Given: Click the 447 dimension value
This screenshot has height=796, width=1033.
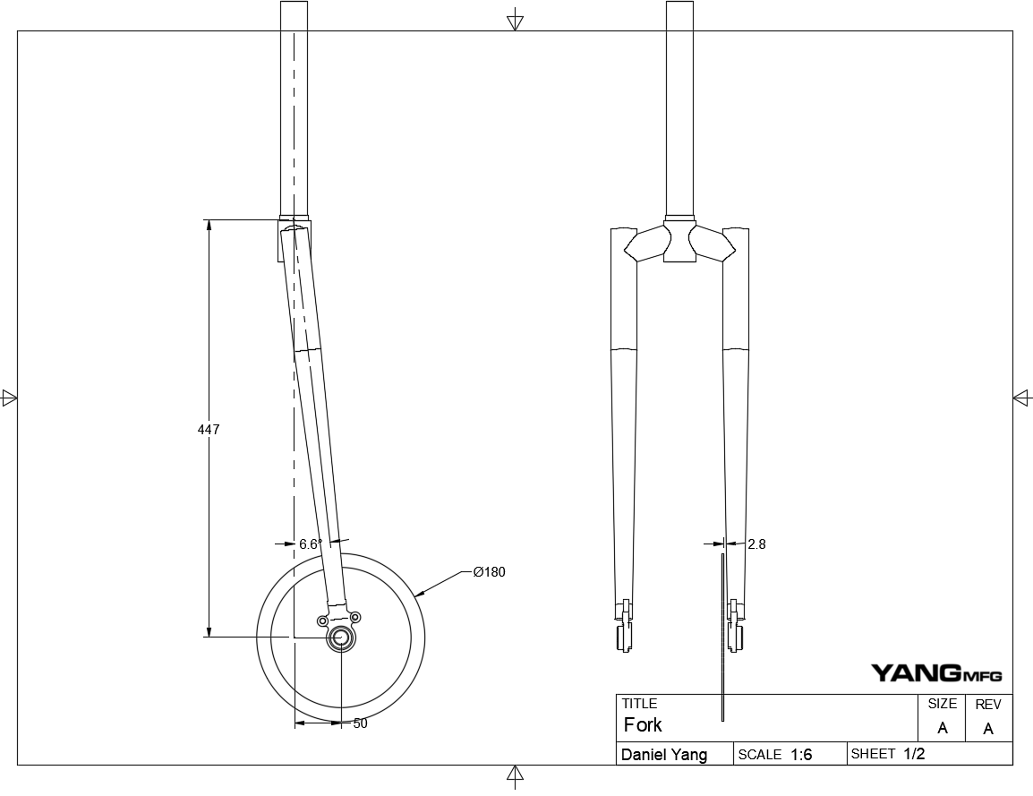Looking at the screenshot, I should pyautogui.click(x=209, y=430).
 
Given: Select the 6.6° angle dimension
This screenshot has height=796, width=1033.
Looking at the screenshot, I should pyautogui.click(x=311, y=544).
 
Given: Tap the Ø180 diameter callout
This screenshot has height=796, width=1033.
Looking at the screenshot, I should pyautogui.click(x=490, y=572).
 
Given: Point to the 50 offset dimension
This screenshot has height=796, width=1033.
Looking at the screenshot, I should pyautogui.click(x=360, y=723).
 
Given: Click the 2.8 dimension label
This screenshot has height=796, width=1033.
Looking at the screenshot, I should pyautogui.click(x=756, y=544).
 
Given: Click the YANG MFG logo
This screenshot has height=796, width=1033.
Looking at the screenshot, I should pyautogui.click(x=936, y=673).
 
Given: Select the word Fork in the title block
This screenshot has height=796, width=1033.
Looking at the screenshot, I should pyautogui.click(x=643, y=724).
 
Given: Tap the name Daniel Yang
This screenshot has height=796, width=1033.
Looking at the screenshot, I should pyautogui.click(x=664, y=755).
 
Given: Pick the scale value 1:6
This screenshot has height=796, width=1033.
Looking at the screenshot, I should pyautogui.click(x=801, y=755).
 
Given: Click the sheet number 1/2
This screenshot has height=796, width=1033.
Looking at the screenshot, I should pyautogui.click(x=914, y=754).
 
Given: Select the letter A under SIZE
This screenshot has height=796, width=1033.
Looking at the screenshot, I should pyautogui.click(x=942, y=728).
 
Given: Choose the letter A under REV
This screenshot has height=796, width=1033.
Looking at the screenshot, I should pyautogui.click(x=988, y=729).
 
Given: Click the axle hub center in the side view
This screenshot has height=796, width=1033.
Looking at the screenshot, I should pyautogui.click(x=341, y=638).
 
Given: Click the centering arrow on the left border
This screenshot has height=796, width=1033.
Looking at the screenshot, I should pyautogui.click(x=10, y=398).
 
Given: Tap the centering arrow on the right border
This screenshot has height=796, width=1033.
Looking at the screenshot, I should pyautogui.click(x=1022, y=398).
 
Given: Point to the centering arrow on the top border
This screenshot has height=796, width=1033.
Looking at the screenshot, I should pyautogui.click(x=515, y=21).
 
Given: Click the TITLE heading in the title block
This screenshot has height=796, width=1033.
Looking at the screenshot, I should pyautogui.click(x=639, y=704).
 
